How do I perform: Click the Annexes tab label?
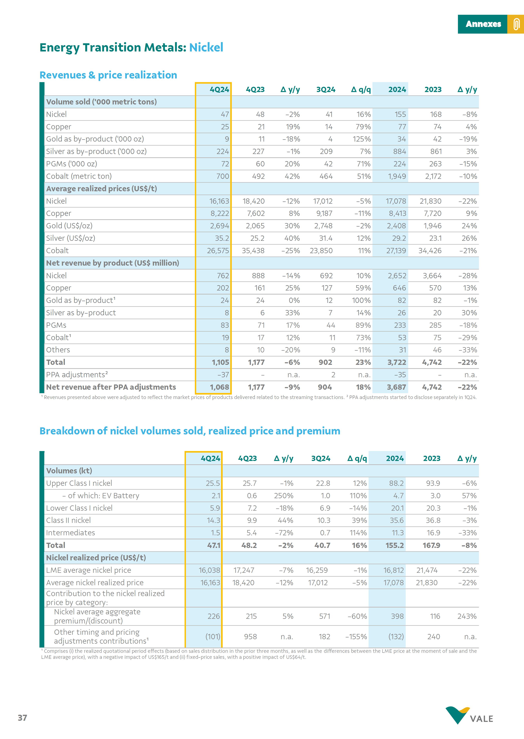[x=483, y=24]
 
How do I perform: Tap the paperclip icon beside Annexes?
[x=516, y=24]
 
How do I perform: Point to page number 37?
[x=22, y=718]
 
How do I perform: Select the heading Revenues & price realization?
[x=108, y=75]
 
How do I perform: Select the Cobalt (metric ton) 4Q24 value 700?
[x=222, y=176]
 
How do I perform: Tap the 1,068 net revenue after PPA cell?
[x=219, y=387]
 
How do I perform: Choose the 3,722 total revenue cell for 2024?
[x=397, y=362]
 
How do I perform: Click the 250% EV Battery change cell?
[x=284, y=496]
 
